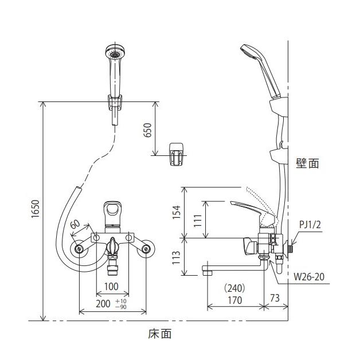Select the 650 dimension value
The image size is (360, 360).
pyautogui.click(x=147, y=130)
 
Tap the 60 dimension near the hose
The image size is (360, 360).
pyautogui.click(x=75, y=225)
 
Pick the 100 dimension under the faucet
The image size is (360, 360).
pyautogui.click(x=111, y=285)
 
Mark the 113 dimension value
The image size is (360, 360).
pyautogui.click(x=176, y=256)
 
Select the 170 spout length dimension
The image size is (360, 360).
pyautogui.click(x=234, y=300)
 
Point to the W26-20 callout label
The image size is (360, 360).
pyautogui.click(x=310, y=277)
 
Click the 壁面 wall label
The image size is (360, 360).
pyautogui.click(x=307, y=163)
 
